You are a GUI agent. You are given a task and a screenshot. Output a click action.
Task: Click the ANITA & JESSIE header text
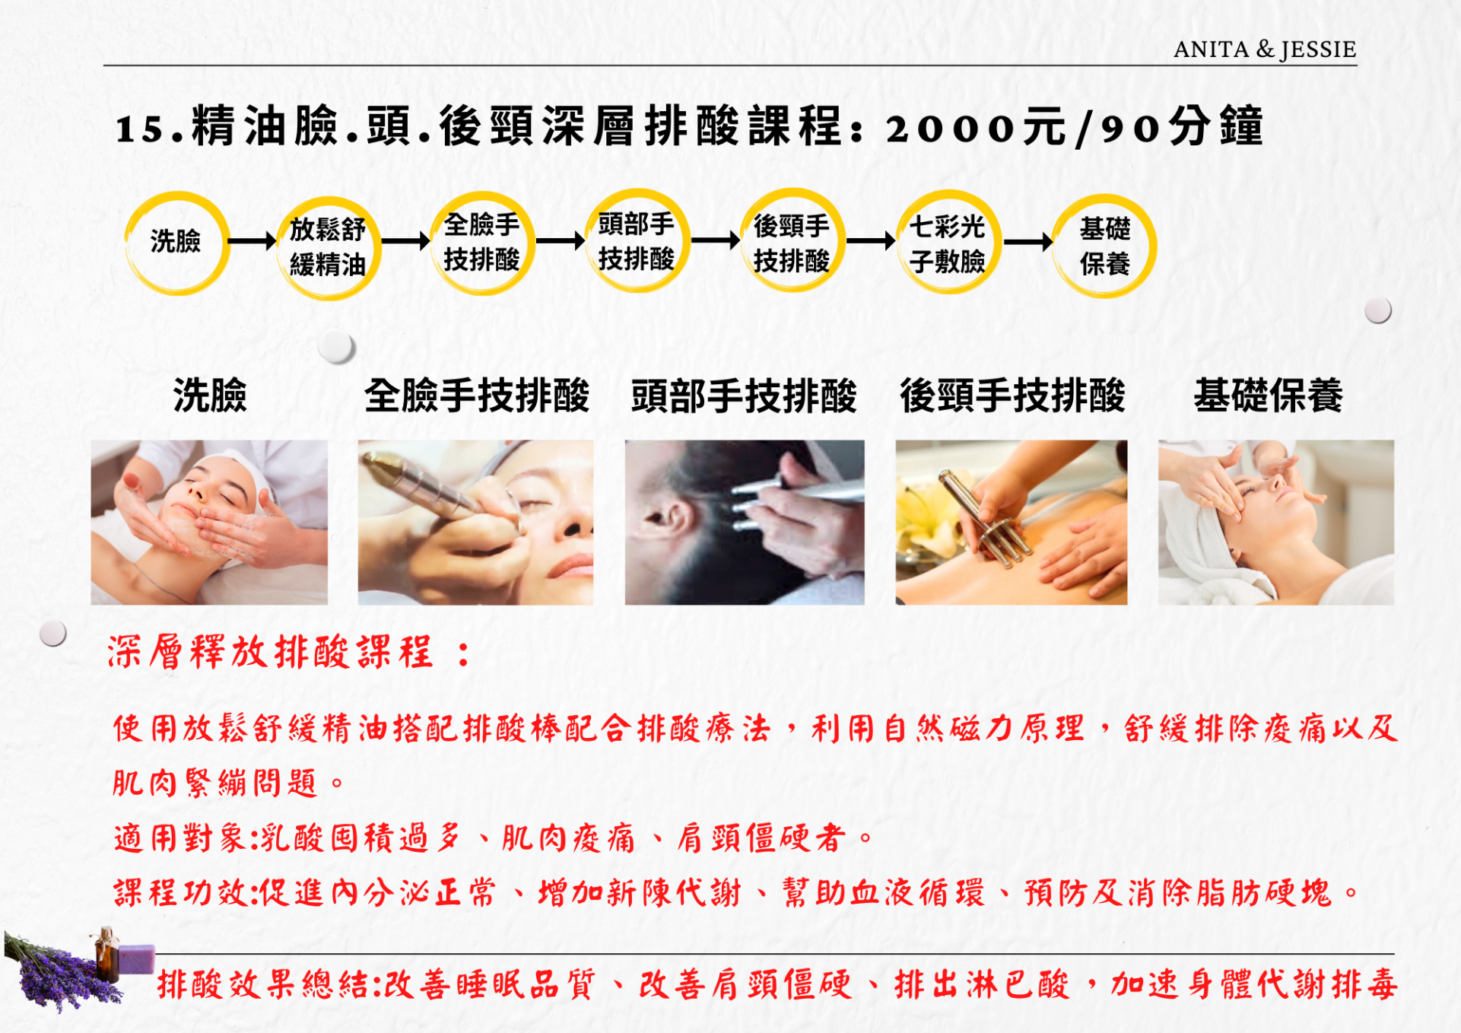click(x=1265, y=49)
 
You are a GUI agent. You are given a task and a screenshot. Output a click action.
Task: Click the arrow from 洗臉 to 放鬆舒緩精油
click(x=252, y=241)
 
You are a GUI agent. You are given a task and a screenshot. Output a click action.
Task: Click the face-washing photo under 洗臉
click(x=209, y=523)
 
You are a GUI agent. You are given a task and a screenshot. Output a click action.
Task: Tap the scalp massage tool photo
click(x=745, y=523)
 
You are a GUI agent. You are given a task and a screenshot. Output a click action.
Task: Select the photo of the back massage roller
click(x=1012, y=523)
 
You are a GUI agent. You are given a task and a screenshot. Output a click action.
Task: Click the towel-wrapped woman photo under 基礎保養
click(x=1276, y=523)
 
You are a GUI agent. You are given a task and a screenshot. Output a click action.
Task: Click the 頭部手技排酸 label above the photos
click(x=744, y=396)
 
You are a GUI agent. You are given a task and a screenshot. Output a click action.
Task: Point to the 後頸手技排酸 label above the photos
click(x=1012, y=396)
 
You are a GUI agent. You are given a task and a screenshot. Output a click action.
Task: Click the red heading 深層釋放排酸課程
click(x=270, y=653)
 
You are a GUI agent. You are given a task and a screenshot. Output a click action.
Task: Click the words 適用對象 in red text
click(x=179, y=838)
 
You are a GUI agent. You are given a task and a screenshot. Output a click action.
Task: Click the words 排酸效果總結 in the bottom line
click(x=263, y=985)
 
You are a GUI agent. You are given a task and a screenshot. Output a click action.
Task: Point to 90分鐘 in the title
click(x=1183, y=127)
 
